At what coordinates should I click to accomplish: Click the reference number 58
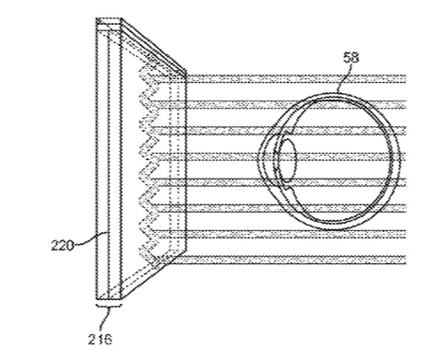(x=350, y=58)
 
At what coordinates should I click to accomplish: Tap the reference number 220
(x=63, y=246)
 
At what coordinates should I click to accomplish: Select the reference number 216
(x=100, y=339)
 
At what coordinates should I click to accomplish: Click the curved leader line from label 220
(x=90, y=238)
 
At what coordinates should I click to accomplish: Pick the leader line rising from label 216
(x=105, y=320)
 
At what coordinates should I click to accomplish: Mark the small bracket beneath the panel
(x=109, y=306)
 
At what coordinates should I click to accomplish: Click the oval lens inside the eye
(x=288, y=160)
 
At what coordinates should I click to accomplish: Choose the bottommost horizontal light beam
(x=287, y=260)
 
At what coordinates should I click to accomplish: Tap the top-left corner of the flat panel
(x=97, y=18)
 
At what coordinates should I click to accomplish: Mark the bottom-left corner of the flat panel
(x=97, y=299)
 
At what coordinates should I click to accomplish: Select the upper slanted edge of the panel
(x=154, y=45)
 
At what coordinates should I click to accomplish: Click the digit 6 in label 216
(x=108, y=339)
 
